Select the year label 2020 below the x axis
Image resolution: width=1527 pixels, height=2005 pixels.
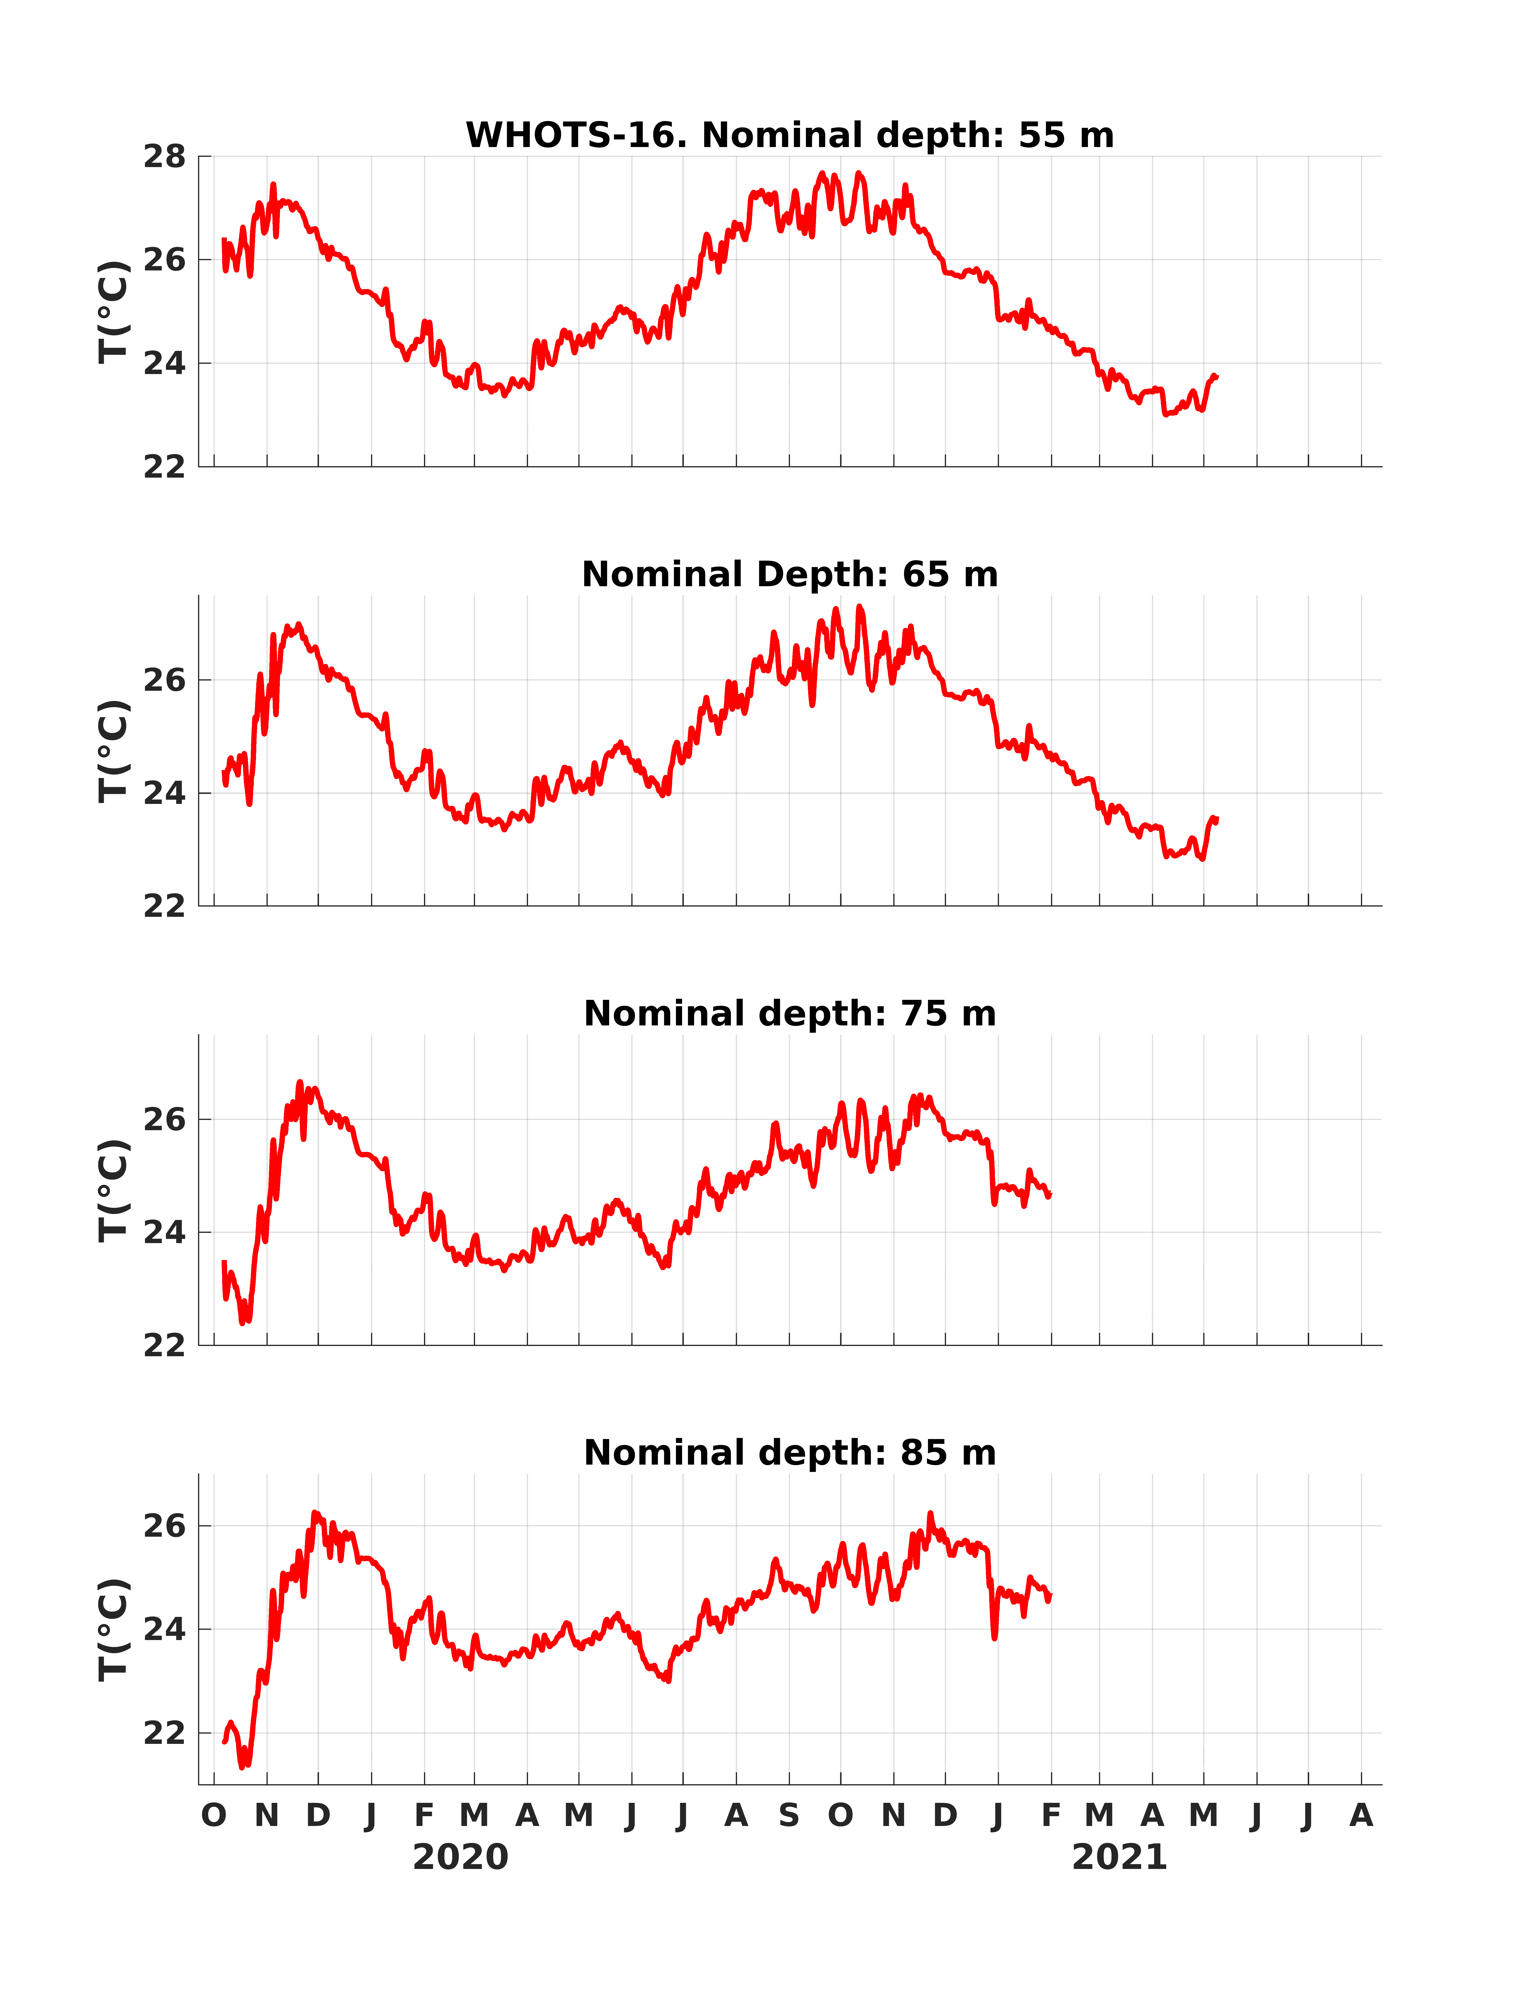click(x=461, y=1858)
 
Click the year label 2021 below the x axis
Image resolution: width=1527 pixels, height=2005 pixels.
click(x=1120, y=1858)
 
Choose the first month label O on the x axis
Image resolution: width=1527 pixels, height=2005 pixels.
click(x=214, y=1816)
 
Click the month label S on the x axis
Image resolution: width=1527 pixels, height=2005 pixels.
click(x=789, y=1816)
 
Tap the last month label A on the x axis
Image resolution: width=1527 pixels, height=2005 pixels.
click(x=1361, y=1816)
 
